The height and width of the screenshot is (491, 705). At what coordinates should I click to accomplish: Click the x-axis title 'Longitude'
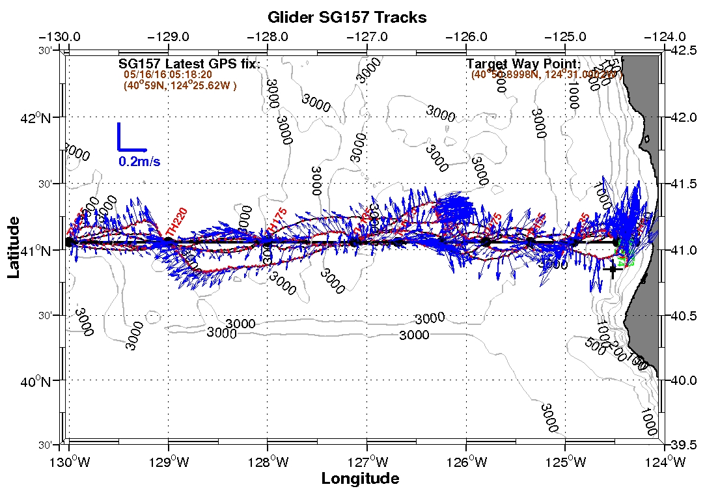click(x=360, y=479)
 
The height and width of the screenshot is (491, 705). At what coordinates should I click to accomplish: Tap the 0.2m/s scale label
click(x=139, y=161)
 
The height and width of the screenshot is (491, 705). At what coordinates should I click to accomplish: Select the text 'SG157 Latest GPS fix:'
click(x=189, y=64)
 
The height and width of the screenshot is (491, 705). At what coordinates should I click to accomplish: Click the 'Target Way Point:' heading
click(x=523, y=64)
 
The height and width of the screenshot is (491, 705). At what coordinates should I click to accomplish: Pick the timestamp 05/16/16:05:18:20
click(x=168, y=75)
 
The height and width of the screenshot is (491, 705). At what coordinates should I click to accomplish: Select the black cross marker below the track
click(x=612, y=269)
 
